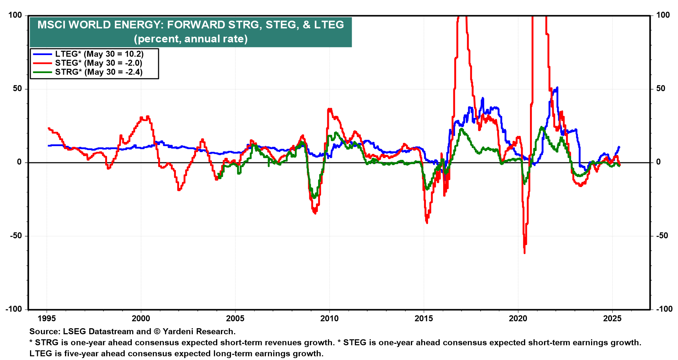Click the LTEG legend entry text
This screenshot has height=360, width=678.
(99, 54)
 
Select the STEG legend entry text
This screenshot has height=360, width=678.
(99, 63)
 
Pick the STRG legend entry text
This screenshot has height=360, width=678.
(99, 72)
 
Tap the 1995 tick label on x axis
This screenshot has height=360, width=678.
(47, 319)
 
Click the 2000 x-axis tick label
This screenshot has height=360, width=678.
(141, 319)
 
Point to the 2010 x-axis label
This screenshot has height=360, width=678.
(329, 319)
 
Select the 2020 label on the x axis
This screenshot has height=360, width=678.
(518, 319)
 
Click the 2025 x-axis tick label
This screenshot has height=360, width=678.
(612, 319)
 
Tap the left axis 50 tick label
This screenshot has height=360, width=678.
(17, 89)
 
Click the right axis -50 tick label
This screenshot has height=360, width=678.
(662, 236)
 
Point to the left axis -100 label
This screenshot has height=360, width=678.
(14, 309)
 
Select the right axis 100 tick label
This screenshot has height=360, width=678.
(663, 15)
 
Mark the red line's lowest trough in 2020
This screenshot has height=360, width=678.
(524, 253)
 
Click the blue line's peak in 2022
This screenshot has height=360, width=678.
(557, 88)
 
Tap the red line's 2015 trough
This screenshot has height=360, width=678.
(427, 223)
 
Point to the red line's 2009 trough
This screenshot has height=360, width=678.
(315, 213)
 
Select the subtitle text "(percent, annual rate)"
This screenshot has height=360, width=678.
(191, 39)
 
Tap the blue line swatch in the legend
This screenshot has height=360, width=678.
(42, 54)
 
